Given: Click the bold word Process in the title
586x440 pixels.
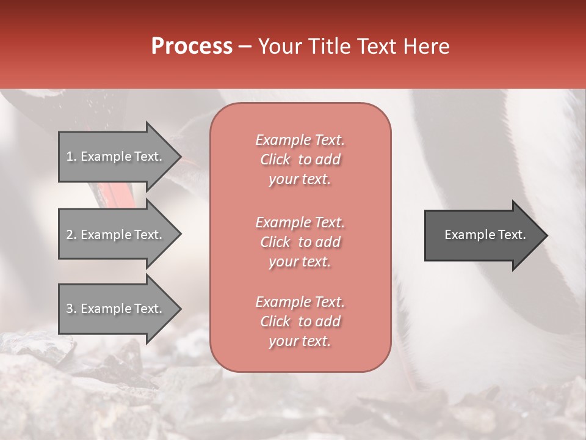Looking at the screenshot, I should click(x=192, y=46).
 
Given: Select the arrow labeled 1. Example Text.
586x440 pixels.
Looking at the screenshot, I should click(x=116, y=156).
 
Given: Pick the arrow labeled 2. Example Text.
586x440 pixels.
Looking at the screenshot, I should click(x=116, y=235).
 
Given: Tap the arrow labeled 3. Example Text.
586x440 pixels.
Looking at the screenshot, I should click(x=116, y=309).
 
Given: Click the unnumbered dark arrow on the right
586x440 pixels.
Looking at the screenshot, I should click(x=482, y=235).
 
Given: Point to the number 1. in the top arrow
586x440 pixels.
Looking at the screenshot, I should click(x=71, y=156).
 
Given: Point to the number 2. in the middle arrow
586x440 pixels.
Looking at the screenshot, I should click(x=71, y=235).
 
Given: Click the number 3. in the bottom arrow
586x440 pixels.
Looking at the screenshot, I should click(x=71, y=309).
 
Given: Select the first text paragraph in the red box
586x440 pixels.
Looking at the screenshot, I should click(x=300, y=159).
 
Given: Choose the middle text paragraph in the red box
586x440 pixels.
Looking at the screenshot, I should click(x=300, y=242).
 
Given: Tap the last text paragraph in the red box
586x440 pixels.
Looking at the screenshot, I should click(x=300, y=321).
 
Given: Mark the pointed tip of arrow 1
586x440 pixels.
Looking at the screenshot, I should click(x=179, y=156).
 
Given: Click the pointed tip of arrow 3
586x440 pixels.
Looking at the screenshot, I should click(x=179, y=309).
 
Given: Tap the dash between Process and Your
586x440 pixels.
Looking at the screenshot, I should click(x=245, y=47).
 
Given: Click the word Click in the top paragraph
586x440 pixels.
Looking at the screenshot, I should click(x=275, y=159).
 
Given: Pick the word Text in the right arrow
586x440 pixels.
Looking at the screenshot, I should click(x=512, y=235).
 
